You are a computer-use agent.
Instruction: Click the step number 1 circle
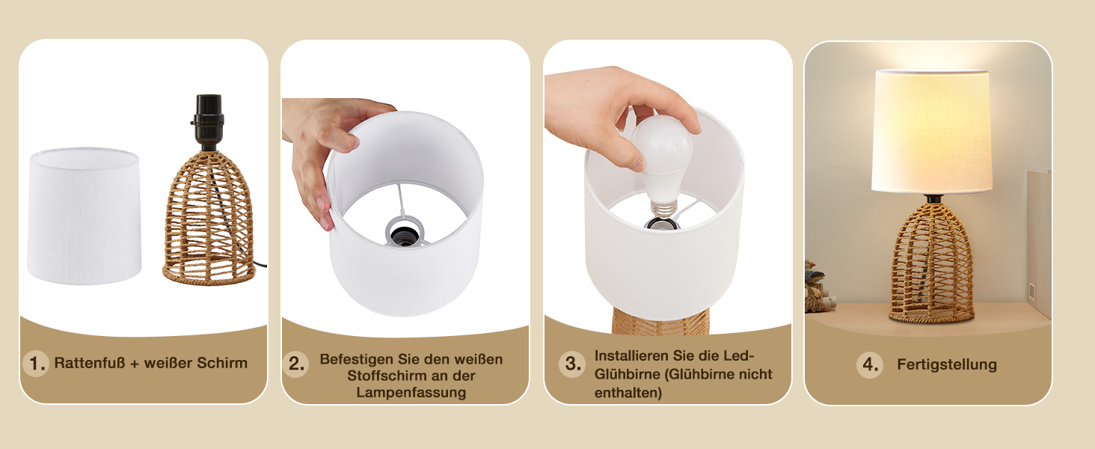(36, 364)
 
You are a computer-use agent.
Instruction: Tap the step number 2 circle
(295, 364)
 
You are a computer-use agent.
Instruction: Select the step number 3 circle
(572, 364)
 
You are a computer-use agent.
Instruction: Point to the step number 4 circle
(870, 365)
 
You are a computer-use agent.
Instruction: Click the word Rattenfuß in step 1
(90, 363)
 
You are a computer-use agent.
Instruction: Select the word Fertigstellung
(947, 364)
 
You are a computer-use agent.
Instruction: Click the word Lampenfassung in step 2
(411, 392)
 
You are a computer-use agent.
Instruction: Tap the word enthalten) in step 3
(628, 393)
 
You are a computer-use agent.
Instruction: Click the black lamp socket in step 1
(208, 122)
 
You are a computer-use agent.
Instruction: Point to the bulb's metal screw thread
(663, 207)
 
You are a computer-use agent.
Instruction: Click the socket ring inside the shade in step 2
(405, 230)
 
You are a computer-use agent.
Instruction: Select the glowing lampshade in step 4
(932, 131)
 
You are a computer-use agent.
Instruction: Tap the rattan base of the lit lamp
(932, 263)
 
